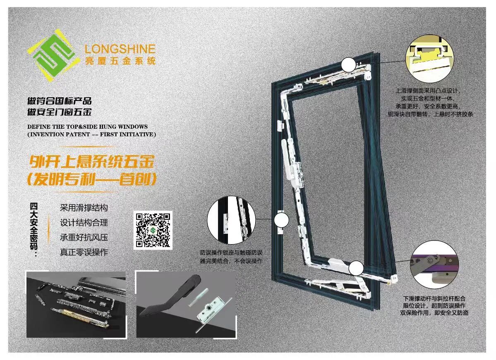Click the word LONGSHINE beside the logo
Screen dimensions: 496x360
[x=120, y=49]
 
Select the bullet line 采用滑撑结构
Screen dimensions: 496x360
[x=84, y=208]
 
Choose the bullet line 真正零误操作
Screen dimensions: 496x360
[x=84, y=252]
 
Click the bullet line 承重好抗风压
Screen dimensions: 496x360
[x=84, y=237]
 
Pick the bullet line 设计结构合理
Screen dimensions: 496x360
[x=84, y=223]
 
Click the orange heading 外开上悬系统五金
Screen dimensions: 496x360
[x=92, y=162]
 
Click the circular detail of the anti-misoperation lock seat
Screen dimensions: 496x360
[x=231, y=220]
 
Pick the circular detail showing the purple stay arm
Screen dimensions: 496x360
[x=434, y=265]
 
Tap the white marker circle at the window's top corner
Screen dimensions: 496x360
[x=349, y=65]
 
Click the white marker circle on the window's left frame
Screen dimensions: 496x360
[x=281, y=220]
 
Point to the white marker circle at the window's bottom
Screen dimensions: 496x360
[x=357, y=268]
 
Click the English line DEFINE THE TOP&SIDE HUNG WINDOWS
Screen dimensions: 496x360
[x=88, y=127]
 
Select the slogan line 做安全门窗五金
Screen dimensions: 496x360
[x=60, y=112]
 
